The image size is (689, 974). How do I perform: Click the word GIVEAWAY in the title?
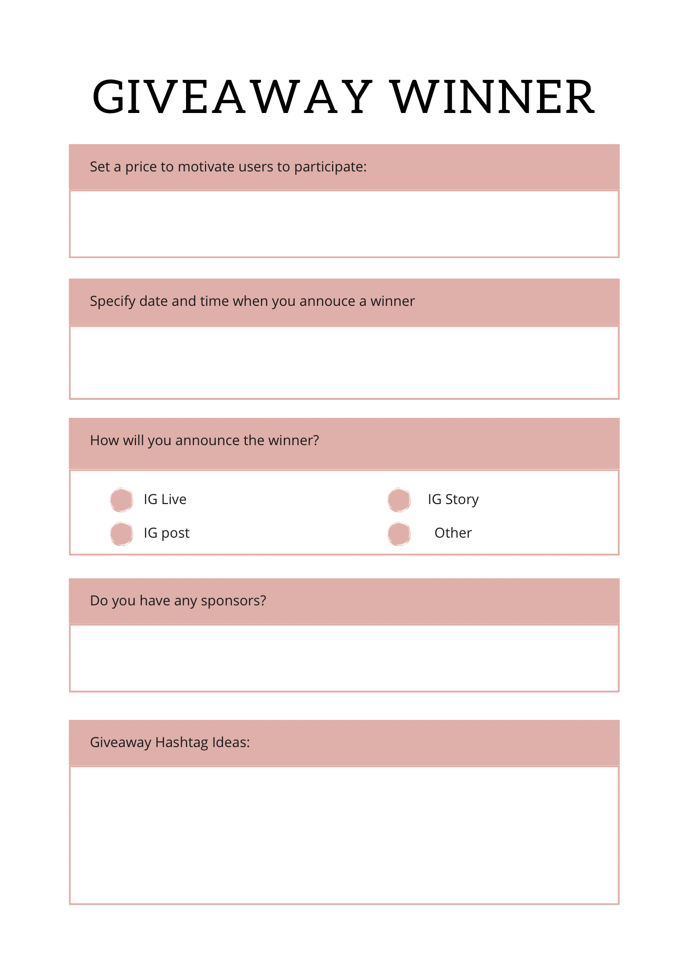pyautogui.click(x=232, y=97)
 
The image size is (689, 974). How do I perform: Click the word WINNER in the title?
pyautogui.click(x=493, y=97)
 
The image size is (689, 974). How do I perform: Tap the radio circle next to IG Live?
pyautogui.click(x=122, y=500)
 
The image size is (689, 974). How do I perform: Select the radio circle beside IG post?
pyautogui.click(x=122, y=534)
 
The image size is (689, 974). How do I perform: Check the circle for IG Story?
pyautogui.click(x=399, y=500)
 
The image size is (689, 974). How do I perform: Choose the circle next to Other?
pyautogui.click(x=399, y=534)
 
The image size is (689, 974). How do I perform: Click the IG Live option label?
pyautogui.click(x=165, y=500)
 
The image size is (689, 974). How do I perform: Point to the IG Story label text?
pyautogui.click(x=453, y=500)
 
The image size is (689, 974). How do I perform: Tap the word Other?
pyautogui.click(x=453, y=533)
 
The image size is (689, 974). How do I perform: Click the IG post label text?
pyautogui.click(x=167, y=533)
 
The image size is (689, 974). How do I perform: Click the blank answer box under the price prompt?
pyautogui.click(x=344, y=224)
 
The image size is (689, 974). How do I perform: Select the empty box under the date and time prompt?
pyautogui.click(x=344, y=363)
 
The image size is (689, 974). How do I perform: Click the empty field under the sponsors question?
pyautogui.click(x=344, y=658)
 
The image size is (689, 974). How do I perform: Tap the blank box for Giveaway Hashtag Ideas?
pyautogui.click(x=344, y=835)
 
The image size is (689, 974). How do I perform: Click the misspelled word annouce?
pyautogui.click(x=327, y=301)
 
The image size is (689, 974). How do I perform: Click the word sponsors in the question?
pyautogui.click(x=233, y=601)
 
